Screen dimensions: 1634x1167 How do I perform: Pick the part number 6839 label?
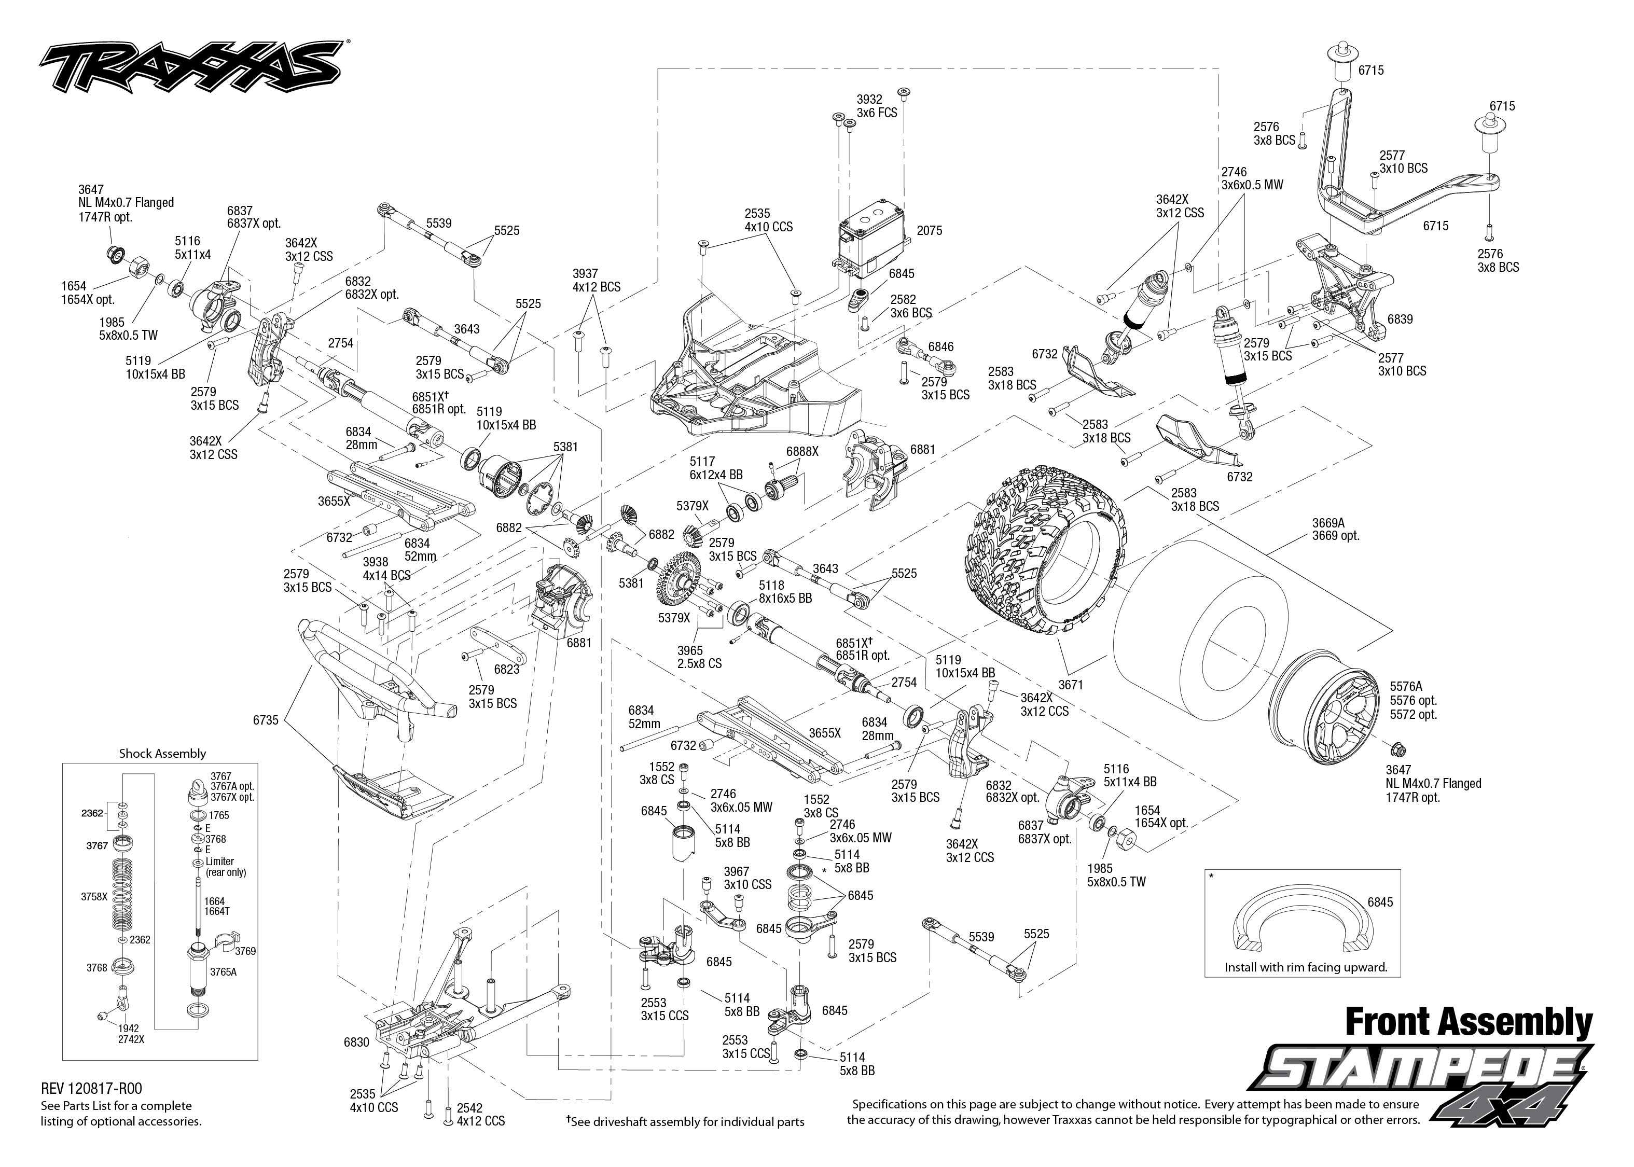pos(1400,319)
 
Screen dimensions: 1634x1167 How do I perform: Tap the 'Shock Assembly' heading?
pos(162,753)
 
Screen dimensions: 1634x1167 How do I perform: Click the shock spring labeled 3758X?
pos(123,895)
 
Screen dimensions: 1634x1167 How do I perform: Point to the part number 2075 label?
pos(929,231)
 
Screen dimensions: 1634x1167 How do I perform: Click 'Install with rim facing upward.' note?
pos(1305,967)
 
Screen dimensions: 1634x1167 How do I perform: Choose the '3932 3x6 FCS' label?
pos(876,106)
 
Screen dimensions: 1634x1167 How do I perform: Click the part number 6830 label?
pos(356,1042)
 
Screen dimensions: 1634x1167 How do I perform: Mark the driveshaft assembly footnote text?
pos(686,1121)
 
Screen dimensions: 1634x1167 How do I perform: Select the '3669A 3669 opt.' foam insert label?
pos(1336,529)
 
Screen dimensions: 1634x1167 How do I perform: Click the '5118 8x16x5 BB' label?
pos(785,591)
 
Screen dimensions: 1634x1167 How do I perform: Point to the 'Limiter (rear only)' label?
pos(226,867)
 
